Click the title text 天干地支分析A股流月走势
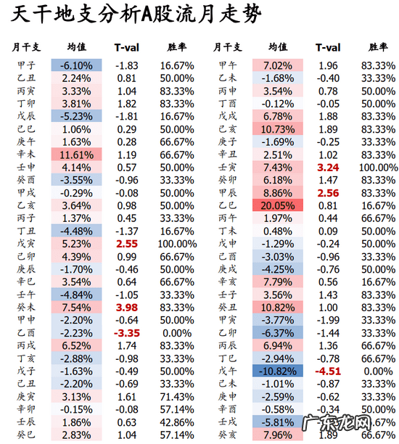click(x=138, y=15)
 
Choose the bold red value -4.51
click(x=328, y=370)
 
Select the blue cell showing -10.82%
click(x=273, y=370)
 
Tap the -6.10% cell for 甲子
click(x=72, y=65)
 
